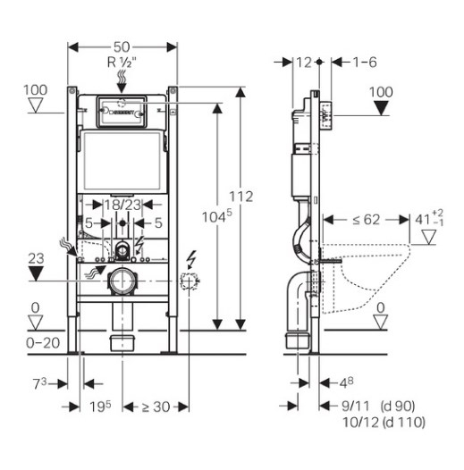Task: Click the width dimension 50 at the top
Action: click(122, 46)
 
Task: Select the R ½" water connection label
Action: click(122, 63)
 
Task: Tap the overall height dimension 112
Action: click(241, 197)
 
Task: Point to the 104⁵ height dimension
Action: click(217, 216)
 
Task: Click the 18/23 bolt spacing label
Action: click(122, 205)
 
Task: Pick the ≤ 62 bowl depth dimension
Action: click(366, 220)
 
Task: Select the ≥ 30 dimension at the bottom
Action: click(156, 407)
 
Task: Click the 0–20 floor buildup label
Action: click(43, 343)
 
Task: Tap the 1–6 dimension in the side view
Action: click(365, 63)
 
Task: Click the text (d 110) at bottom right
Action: click(404, 423)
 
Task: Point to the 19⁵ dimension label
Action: click(100, 407)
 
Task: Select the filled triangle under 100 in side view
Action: click(381, 108)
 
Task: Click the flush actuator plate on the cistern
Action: click(122, 112)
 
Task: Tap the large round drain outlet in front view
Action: click(122, 281)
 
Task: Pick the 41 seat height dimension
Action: click(429, 219)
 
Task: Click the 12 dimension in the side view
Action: click(304, 63)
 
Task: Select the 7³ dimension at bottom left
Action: click(39, 383)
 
